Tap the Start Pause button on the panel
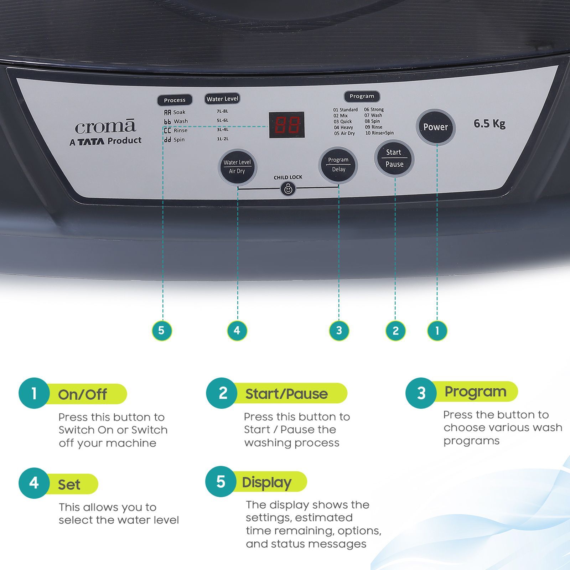point(394,158)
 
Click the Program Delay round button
point(338,165)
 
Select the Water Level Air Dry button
point(237,167)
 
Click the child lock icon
point(288,189)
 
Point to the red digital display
point(286,125)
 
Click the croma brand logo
point(105,127)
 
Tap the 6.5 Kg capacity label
point(489,124)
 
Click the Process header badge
point(175,100)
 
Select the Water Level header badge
point(222,99)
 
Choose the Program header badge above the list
point(362,96)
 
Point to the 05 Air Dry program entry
point(344,133)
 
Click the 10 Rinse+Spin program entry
point(379,133)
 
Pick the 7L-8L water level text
point(222,111)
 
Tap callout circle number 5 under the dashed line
point(162,331)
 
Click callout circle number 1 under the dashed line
point(437,331)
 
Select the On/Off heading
point(83,394)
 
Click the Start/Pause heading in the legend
point(286,394)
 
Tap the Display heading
point(266,482)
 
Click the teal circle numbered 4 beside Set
point(34,483)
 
